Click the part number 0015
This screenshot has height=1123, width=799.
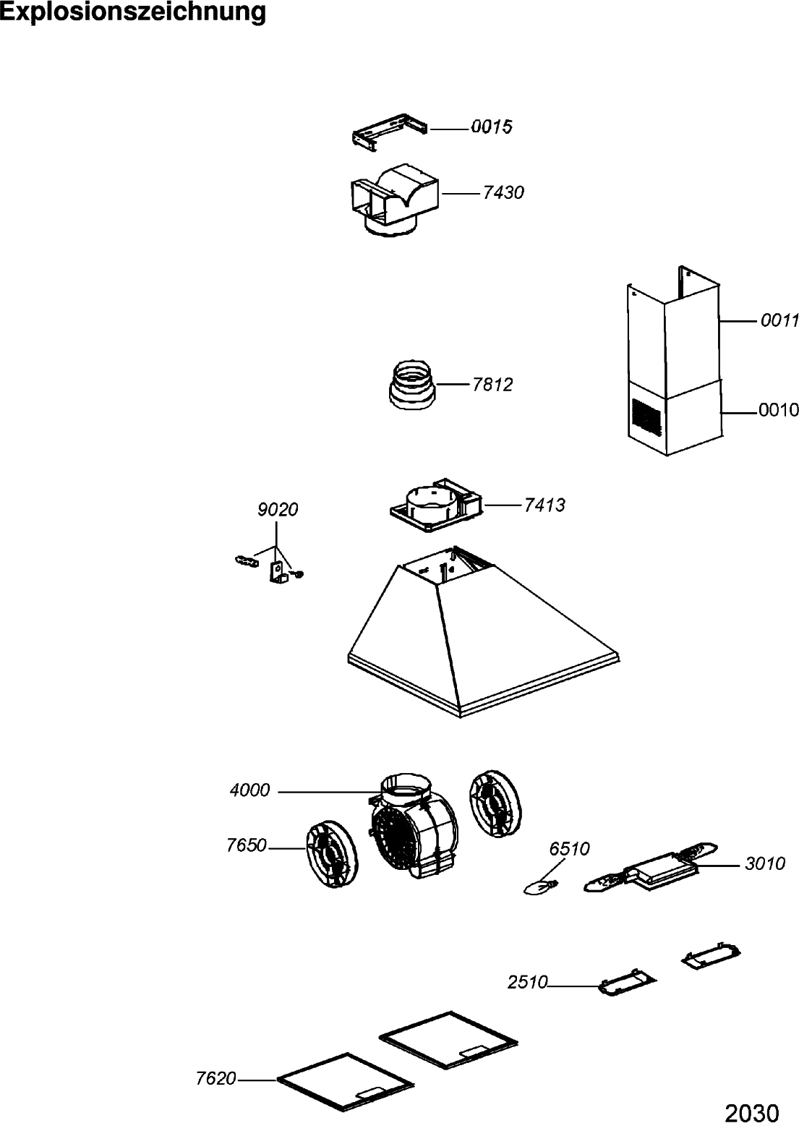[x=491, y=127]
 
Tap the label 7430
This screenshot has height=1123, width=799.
[x=503, y=193]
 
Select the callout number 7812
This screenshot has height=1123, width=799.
[x=492, y=385]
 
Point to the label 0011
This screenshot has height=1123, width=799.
[x=779, y=320]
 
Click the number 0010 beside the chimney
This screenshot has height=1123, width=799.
[x=778, y=411]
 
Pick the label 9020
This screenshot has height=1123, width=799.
[x=278, y=510]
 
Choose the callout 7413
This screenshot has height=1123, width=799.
[x=544, y=505]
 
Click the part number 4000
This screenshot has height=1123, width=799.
[x=249, y=791]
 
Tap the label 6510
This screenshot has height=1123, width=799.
[x=570, y=848]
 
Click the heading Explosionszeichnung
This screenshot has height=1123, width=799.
[x=133, y=12]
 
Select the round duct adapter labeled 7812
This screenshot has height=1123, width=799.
[x=413, y=385]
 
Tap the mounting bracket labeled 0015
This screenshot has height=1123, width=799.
[x=389, y=133]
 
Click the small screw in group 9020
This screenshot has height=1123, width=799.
[x=298, y=575]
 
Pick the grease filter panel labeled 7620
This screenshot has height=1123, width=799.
[x=345, y=1081]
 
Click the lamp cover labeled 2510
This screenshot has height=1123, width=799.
[x=626, y=983]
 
